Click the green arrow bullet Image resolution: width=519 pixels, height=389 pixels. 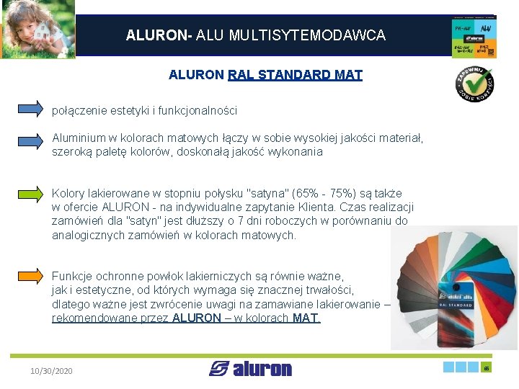30,194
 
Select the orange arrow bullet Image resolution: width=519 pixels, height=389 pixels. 30,276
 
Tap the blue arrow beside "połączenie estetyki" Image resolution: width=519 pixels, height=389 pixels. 30,109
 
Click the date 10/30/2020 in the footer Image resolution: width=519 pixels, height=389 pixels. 51,370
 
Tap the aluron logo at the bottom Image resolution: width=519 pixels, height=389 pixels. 250,369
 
